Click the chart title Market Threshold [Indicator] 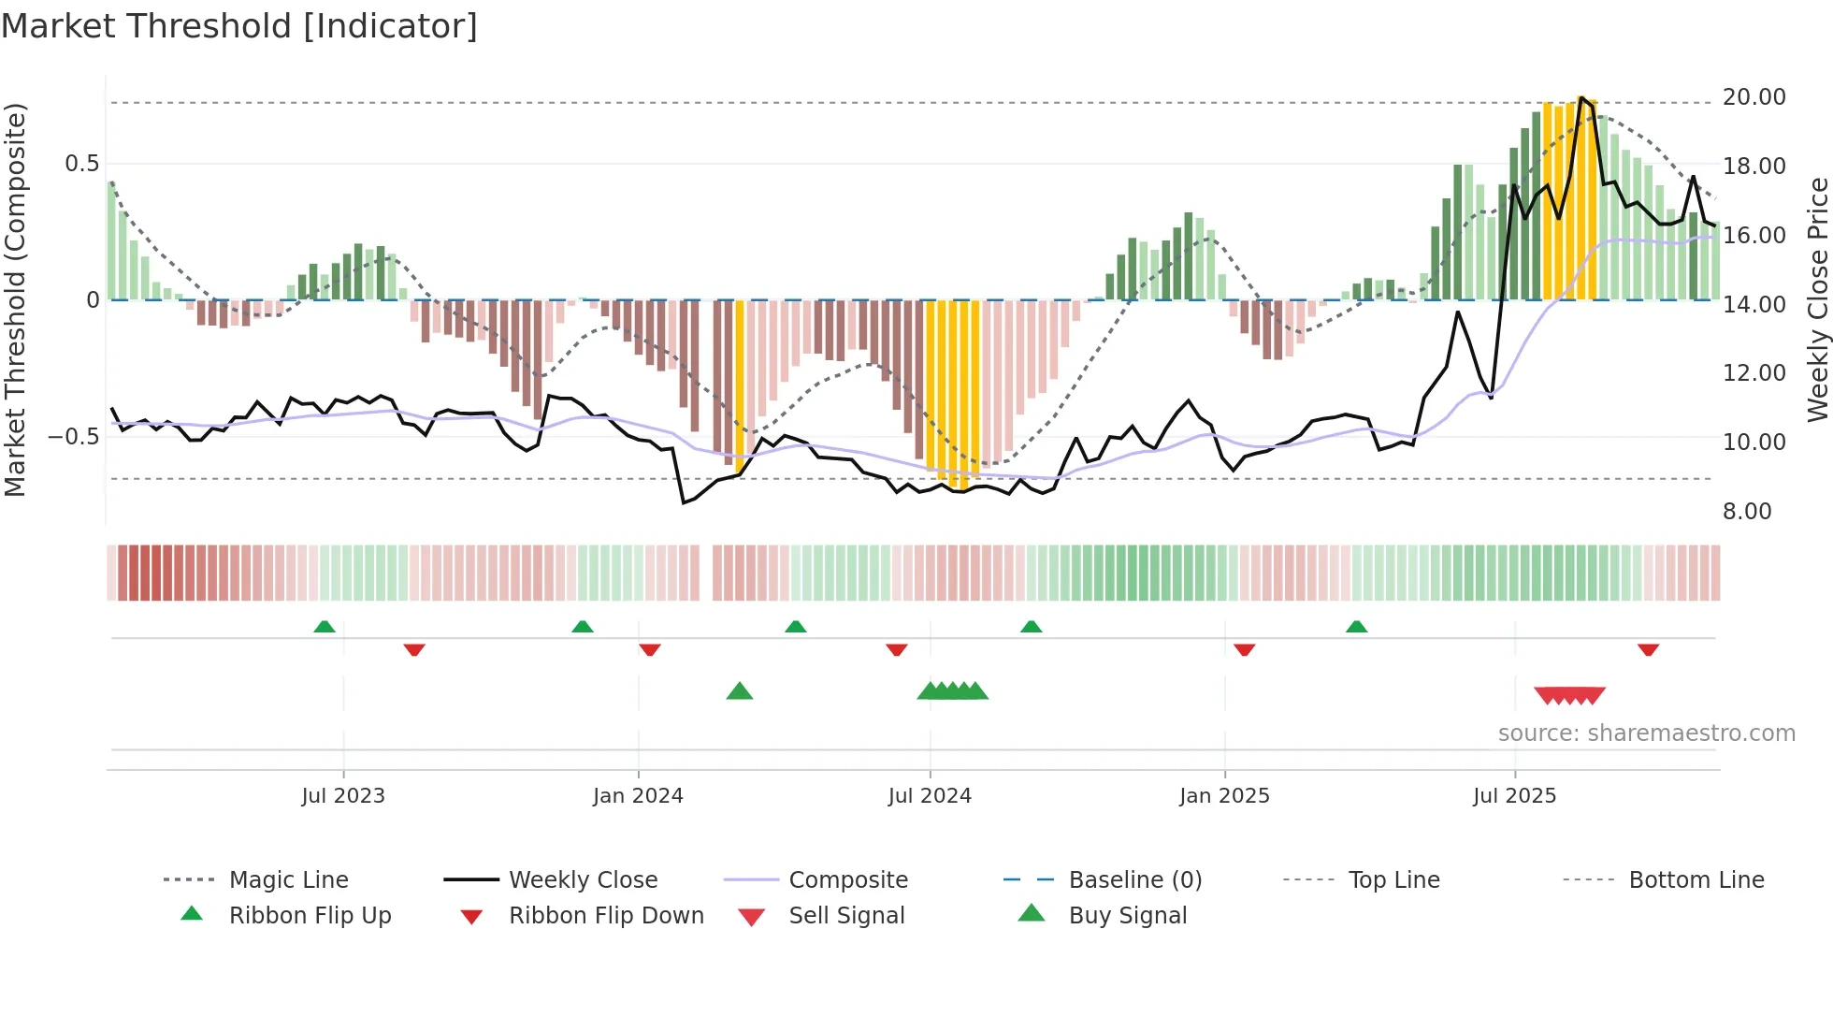click(239, 26)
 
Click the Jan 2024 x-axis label click(638, 795)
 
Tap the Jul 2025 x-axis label click(1514, 795)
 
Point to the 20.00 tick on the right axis click(1754, 97)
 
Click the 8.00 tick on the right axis click(1747, 511)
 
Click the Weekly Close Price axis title click(1817, 299)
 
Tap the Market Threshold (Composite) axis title click(15, 299)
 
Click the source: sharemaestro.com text click(1646, 733)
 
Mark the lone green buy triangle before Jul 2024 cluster click(739, 691)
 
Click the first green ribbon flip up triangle click(325, 626)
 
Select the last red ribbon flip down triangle click(1648, 649)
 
